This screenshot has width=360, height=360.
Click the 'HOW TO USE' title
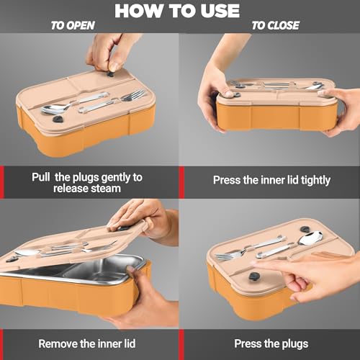pyautogui.click(x=177, y=11)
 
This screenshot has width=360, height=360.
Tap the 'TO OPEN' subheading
pyautogui.click(x=73, y=25)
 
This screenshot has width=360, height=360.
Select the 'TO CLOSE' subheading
pyautogui.click(x=275, y=25)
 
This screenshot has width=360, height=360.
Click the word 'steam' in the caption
pyautogui.click(x=106, y=189)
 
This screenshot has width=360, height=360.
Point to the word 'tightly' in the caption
pyautogui.click(x=316, y=180)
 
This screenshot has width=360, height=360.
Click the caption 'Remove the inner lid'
pyautogui.click(x=87, y=343)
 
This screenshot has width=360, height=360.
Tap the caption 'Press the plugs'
pyautogui.click(x=271, y=344)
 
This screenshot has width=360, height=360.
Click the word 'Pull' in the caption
pyautogui.click(x=41, y=177)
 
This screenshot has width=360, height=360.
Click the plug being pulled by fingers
pyautogui.click(x=110, y=74)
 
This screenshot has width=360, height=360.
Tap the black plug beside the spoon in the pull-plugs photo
pyautogui.click(x=58, y=119)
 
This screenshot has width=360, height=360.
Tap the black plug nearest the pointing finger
pyautogui.click(x=253, y=276)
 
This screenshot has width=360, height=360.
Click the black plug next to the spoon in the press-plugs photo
pyautogui.click(x=305, y=229)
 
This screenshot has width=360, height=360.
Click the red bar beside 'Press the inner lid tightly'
pyautogui.click(x=181, y=182)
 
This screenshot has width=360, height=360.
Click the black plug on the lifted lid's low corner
pyautogui.click(x=12, y=258)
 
